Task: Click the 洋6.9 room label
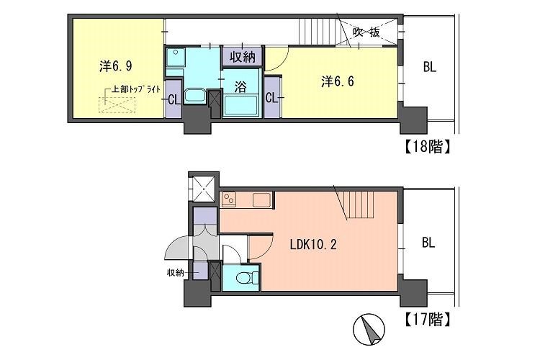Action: coord(116,66)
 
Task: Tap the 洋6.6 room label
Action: coord(337,81)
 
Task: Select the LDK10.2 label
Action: coord(313,245)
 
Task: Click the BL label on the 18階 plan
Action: coord(429,67)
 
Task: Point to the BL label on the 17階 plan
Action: coord(428,243)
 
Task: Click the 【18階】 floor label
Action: coord(427,147)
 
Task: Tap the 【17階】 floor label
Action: coord(427,320)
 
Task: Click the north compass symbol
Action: coord(369,329)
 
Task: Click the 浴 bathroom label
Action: coord(240,87)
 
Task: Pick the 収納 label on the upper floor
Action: coord(243,56)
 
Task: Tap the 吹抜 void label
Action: coord(366,32)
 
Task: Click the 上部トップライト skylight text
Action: coord(135,89)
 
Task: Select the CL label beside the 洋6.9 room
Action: coord(174,100)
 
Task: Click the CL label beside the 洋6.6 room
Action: coord(271,98)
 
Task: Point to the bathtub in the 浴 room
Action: coord(240,105)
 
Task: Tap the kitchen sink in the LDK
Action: coord(262,200)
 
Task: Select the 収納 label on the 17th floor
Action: coord(175,273)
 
